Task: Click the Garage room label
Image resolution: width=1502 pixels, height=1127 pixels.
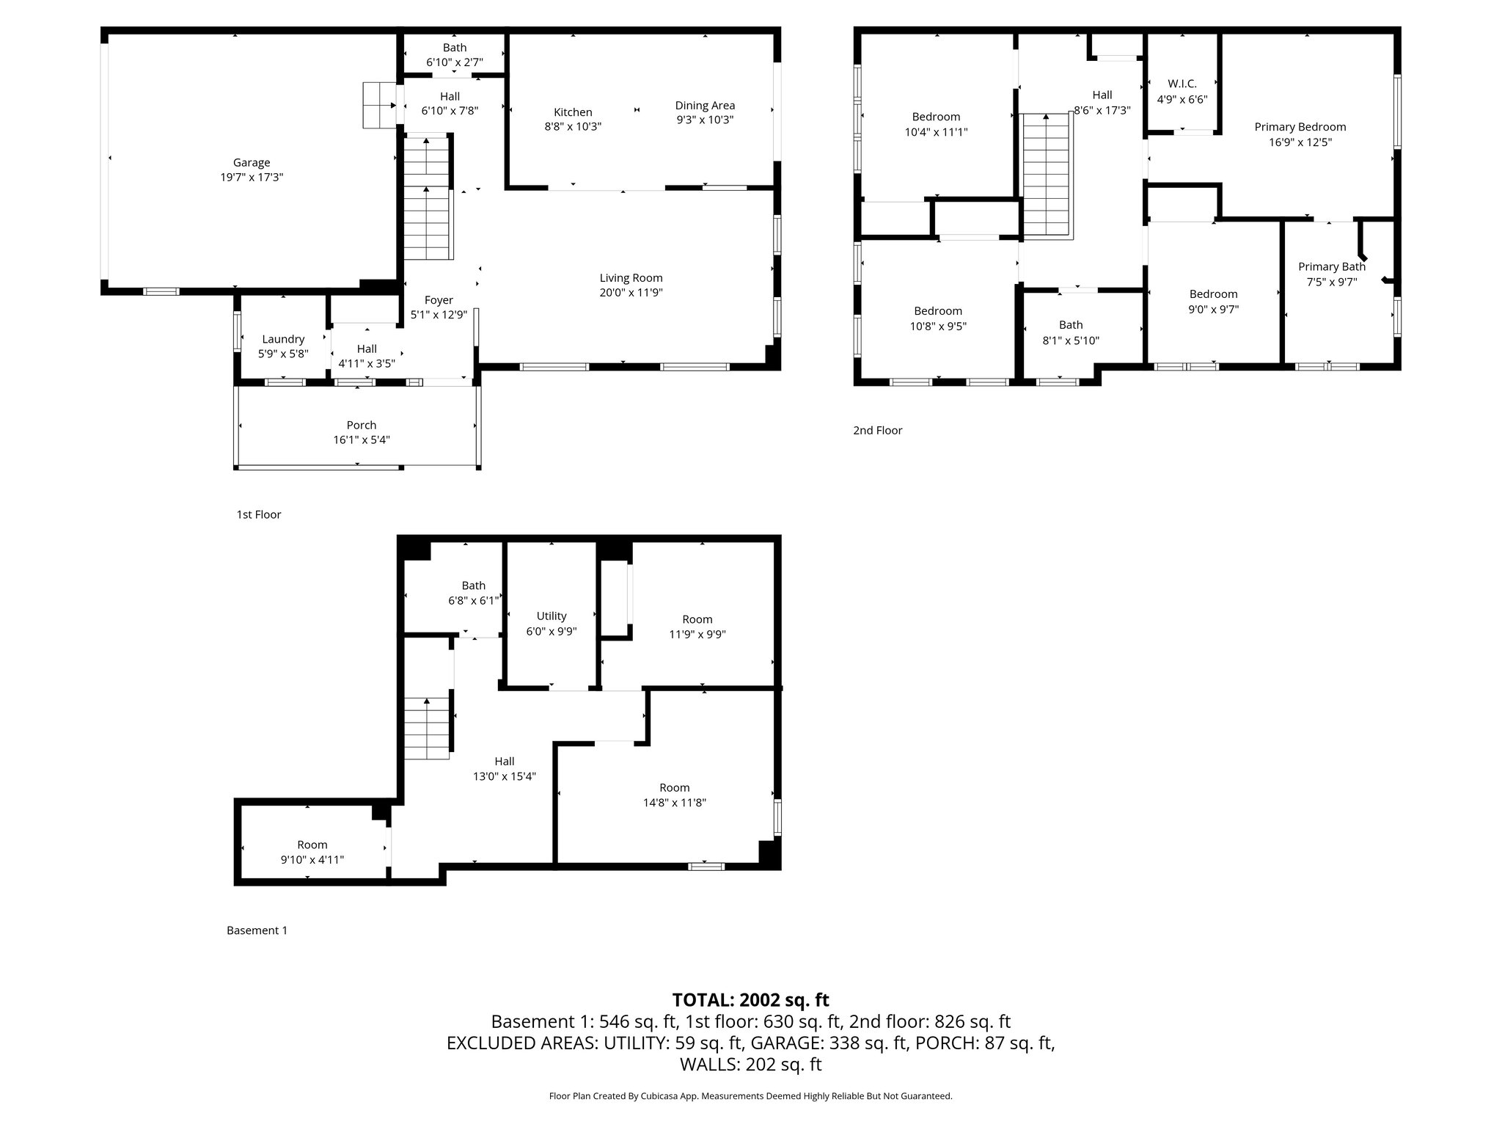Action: tap(252, 163)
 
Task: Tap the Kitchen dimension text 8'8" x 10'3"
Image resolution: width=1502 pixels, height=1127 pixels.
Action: tap(573, 127)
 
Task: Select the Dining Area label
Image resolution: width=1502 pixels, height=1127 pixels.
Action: tap(705, 106)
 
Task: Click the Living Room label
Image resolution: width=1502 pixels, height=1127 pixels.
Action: tap(631, 278)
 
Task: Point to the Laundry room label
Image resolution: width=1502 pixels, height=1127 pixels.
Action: tap(283, 339)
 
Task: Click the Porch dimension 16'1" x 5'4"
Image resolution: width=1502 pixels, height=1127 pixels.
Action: tap(362, 440)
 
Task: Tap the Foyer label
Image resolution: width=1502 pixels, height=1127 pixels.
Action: tap(439, 300)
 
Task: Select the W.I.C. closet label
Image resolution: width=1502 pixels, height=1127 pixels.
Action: tap(1182, 84)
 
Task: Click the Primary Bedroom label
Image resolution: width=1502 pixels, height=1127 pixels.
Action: tap(1300, 127)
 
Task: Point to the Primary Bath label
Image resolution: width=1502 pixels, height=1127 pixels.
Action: tap(1332, 267)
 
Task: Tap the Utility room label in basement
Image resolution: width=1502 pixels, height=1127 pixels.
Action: tap(552, 616)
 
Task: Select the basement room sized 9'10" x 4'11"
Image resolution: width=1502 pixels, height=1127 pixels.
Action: tap(312, 852)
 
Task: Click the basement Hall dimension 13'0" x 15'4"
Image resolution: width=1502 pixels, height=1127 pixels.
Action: tap(505, 776)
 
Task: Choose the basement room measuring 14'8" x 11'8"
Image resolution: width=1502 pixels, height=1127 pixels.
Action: tap(674, 795)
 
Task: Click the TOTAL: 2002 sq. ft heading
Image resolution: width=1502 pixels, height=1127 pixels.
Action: tap(750, 1000)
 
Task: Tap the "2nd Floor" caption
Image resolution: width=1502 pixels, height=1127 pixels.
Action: tap(877, 431)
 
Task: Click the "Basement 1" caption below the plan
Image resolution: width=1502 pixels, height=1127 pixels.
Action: tap(257, 930)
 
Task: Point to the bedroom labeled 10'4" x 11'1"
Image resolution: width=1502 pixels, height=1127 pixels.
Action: tap(936, 125)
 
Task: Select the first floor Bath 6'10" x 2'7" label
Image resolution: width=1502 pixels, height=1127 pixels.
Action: tap(454, 55)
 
